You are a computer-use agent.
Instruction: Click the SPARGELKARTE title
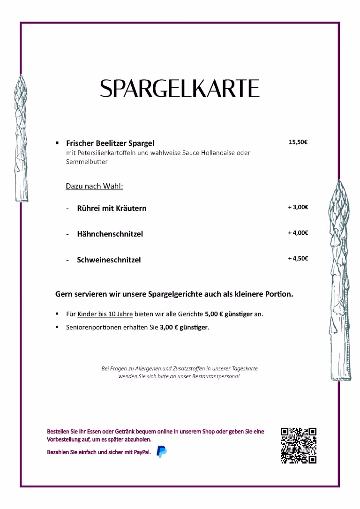[x=180, y=88]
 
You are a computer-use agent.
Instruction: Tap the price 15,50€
[x=298, y=142]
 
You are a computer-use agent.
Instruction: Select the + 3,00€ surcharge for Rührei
[x=298, y=207]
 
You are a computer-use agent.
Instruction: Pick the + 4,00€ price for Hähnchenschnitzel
[x=298, y=233]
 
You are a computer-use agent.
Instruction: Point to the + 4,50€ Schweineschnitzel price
[x=298, y=259]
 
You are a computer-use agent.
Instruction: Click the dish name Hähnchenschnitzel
[x=110, y=234]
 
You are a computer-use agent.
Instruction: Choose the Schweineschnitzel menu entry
[x=109, y=260]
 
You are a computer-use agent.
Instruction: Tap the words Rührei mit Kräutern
[x=112, y=208]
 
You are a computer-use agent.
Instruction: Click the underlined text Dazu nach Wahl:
[x=94, y=187]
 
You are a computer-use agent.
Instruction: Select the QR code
[x=299, y=445]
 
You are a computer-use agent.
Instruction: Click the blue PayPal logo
[x=162, y=452]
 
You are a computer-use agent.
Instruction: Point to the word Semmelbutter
[x=87, y=162]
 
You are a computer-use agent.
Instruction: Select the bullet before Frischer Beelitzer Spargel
[x=57, y=142]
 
